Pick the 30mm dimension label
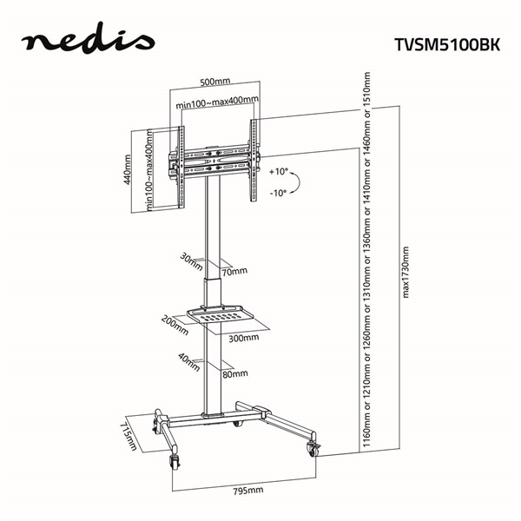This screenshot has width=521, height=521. point(188,258)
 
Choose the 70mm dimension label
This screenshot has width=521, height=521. point(232,272)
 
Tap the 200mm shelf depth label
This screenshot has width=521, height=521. point(179,324)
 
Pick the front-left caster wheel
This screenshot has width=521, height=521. point(177,463)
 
